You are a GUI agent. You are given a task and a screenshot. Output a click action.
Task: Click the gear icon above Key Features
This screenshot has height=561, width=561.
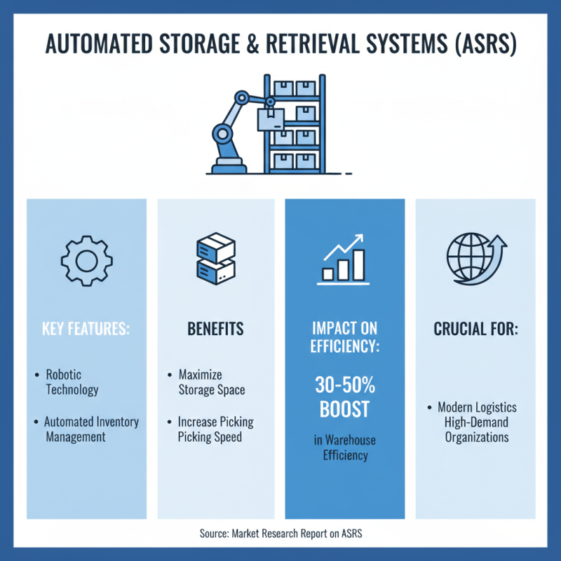86,260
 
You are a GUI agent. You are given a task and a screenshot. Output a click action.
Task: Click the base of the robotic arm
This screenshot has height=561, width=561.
226,167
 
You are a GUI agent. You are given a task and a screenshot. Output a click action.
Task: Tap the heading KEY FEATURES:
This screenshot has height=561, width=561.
86,329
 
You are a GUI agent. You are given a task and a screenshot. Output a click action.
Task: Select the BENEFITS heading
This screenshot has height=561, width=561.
216,329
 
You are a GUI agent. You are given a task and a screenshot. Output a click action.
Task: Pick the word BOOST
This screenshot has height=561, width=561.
344,410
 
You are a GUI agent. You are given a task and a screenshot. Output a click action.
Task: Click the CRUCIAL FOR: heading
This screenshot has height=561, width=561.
475,329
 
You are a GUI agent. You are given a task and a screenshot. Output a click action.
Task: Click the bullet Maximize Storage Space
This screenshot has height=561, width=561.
211,382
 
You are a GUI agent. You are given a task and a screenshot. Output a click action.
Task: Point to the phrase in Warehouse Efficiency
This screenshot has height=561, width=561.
344,447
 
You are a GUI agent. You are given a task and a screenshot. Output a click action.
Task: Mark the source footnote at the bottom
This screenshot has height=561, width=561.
280,534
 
